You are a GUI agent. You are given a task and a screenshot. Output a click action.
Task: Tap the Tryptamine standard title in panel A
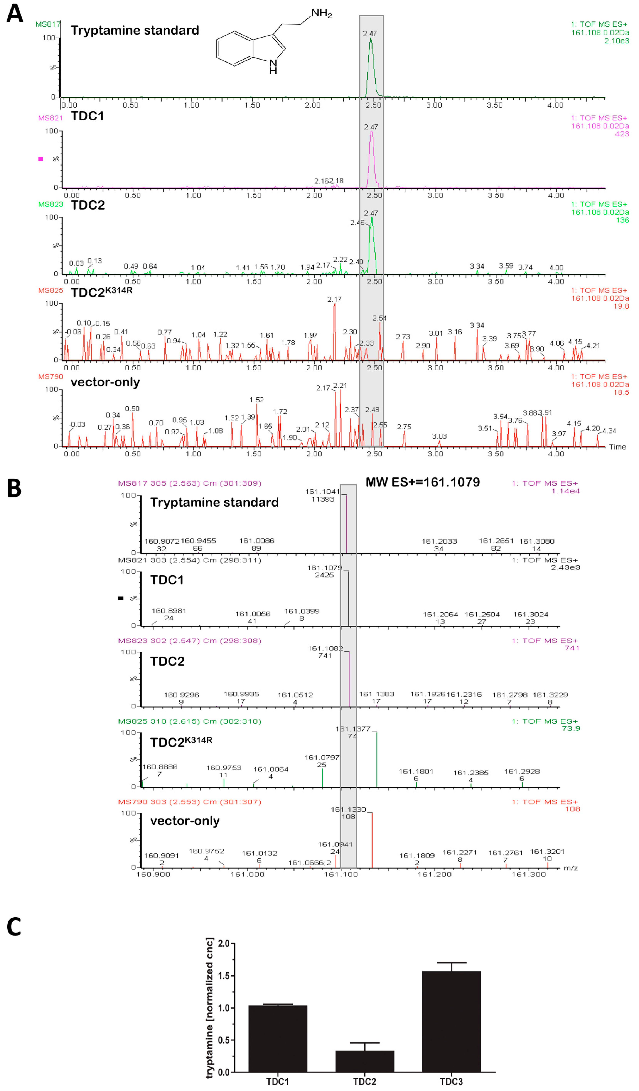click(135, 30)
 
